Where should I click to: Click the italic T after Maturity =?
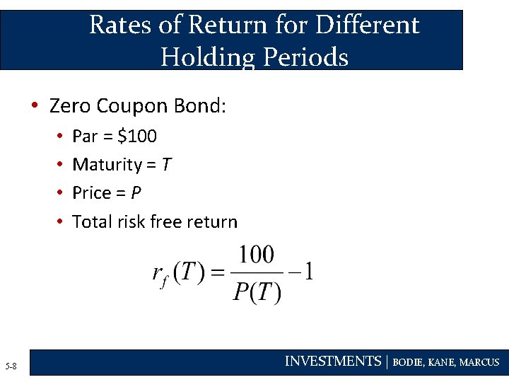(165, 165)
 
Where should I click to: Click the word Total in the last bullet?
(90, 221)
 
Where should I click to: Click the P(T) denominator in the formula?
(257, 290)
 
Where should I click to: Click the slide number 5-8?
(11, 366)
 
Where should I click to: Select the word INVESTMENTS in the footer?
(332, 361)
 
